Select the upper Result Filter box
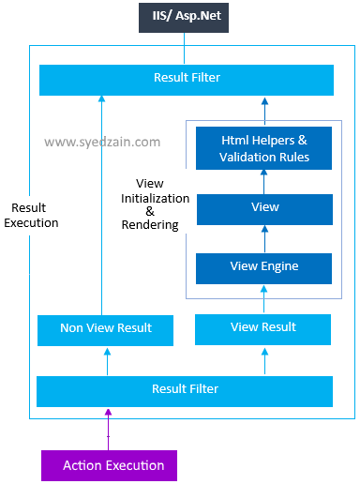tap(186, 79)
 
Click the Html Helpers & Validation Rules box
tap(263, 148)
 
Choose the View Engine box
tap(263, 267)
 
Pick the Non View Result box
tap(106, 329)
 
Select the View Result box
tap(263, 328)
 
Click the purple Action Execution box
tap(108, 465)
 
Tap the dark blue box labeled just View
tap(263, 208)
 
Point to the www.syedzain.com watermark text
tap(102, 143)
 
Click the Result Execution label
tap(31, 216)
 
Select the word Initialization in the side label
tap(156, 199)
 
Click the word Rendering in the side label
tap(150, 225)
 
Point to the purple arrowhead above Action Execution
tap(108, 412)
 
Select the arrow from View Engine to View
tap(264, 239)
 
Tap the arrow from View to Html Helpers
tap(264, 180)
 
